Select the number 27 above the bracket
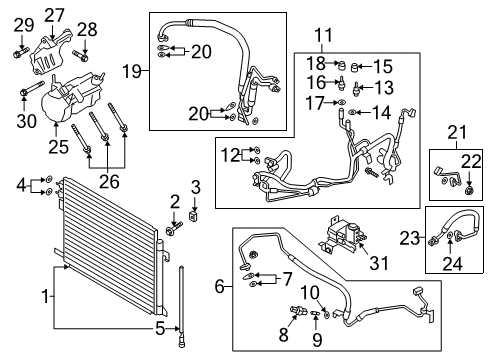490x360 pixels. [x=54, y=15]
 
